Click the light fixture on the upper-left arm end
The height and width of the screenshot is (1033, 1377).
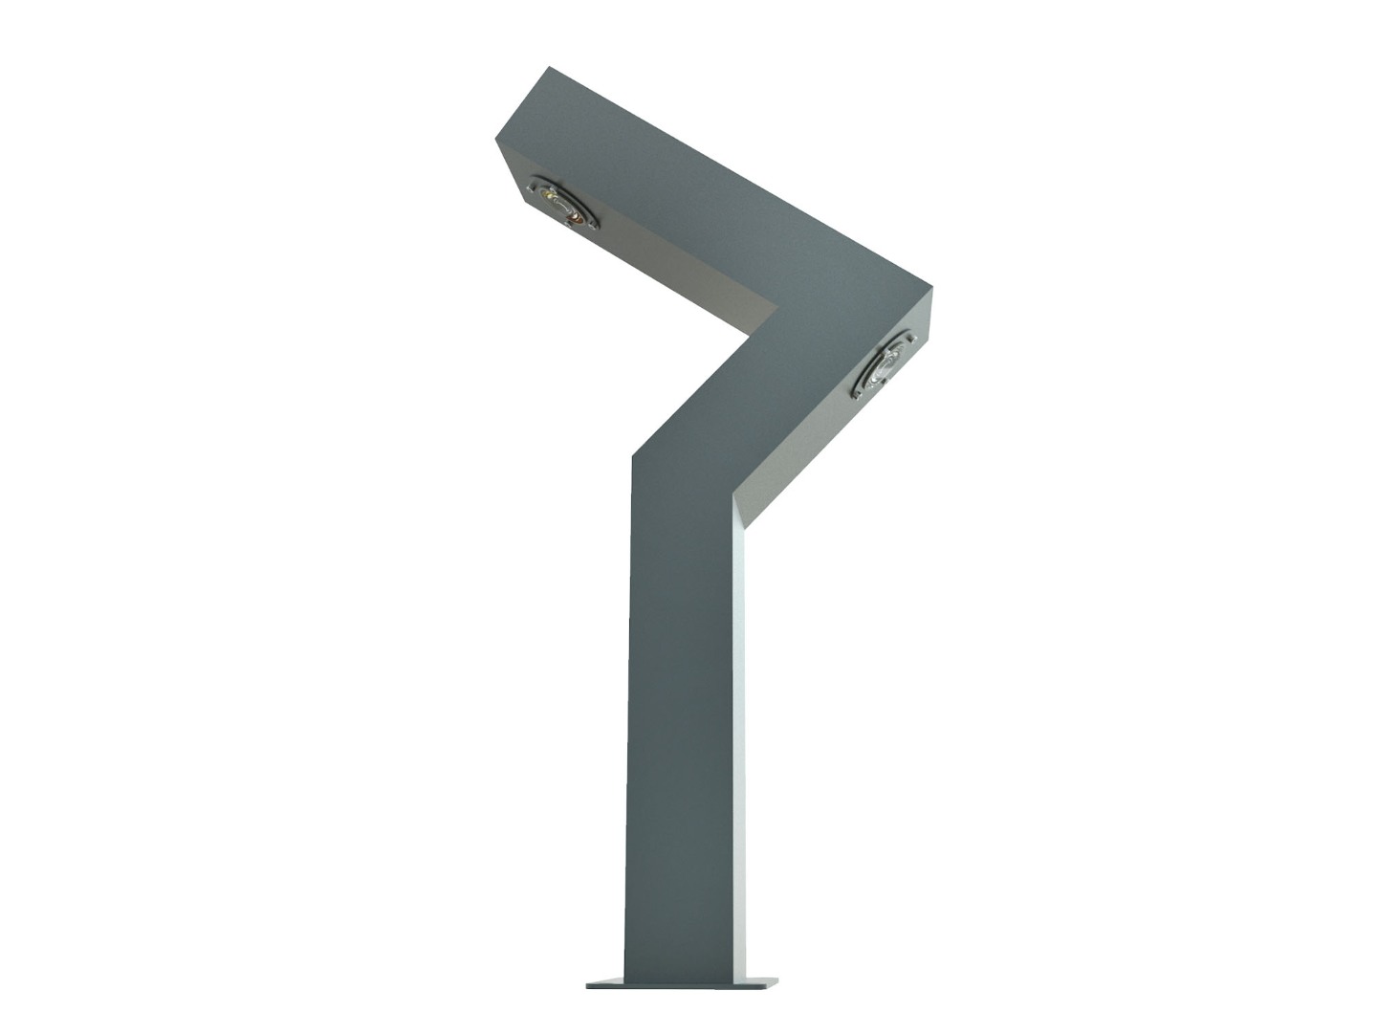pyautogui.click(x=562, y=203)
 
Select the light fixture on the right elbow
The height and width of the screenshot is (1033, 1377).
pyautogui.click(x=884, y=364)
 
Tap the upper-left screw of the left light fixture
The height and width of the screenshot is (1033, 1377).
pyautogui.click(x=534, y=182)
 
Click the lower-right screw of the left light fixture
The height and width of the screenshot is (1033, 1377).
pyautogui.click(x=594, y=226)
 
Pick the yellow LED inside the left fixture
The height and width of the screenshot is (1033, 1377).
pyautogui.click(x=547, y=194)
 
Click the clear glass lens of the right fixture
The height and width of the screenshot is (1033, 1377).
pyautogui.click(x=886, y=362)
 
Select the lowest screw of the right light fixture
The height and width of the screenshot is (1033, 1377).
pyautogui.click(x=856, y=392)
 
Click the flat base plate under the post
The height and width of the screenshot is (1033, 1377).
pyautogui.click(x=681, y=983)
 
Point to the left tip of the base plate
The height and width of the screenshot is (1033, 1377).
pyautogui.click(x=587, y=984)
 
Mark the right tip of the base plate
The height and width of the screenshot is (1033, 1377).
pyautogui.click(x=776, y=981)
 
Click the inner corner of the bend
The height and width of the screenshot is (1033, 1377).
pyautogui.click(x=748, y=333)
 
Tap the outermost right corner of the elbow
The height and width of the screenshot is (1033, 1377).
pyautogui.click(x=931, y=285)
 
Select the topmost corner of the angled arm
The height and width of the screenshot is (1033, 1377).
pyautogui.click(x=549, y=67)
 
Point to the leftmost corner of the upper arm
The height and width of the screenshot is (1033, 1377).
pyautogui.click(x=495, y=139)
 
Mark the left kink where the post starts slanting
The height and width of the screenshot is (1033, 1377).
pyautogui.click(x=632, y=457)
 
